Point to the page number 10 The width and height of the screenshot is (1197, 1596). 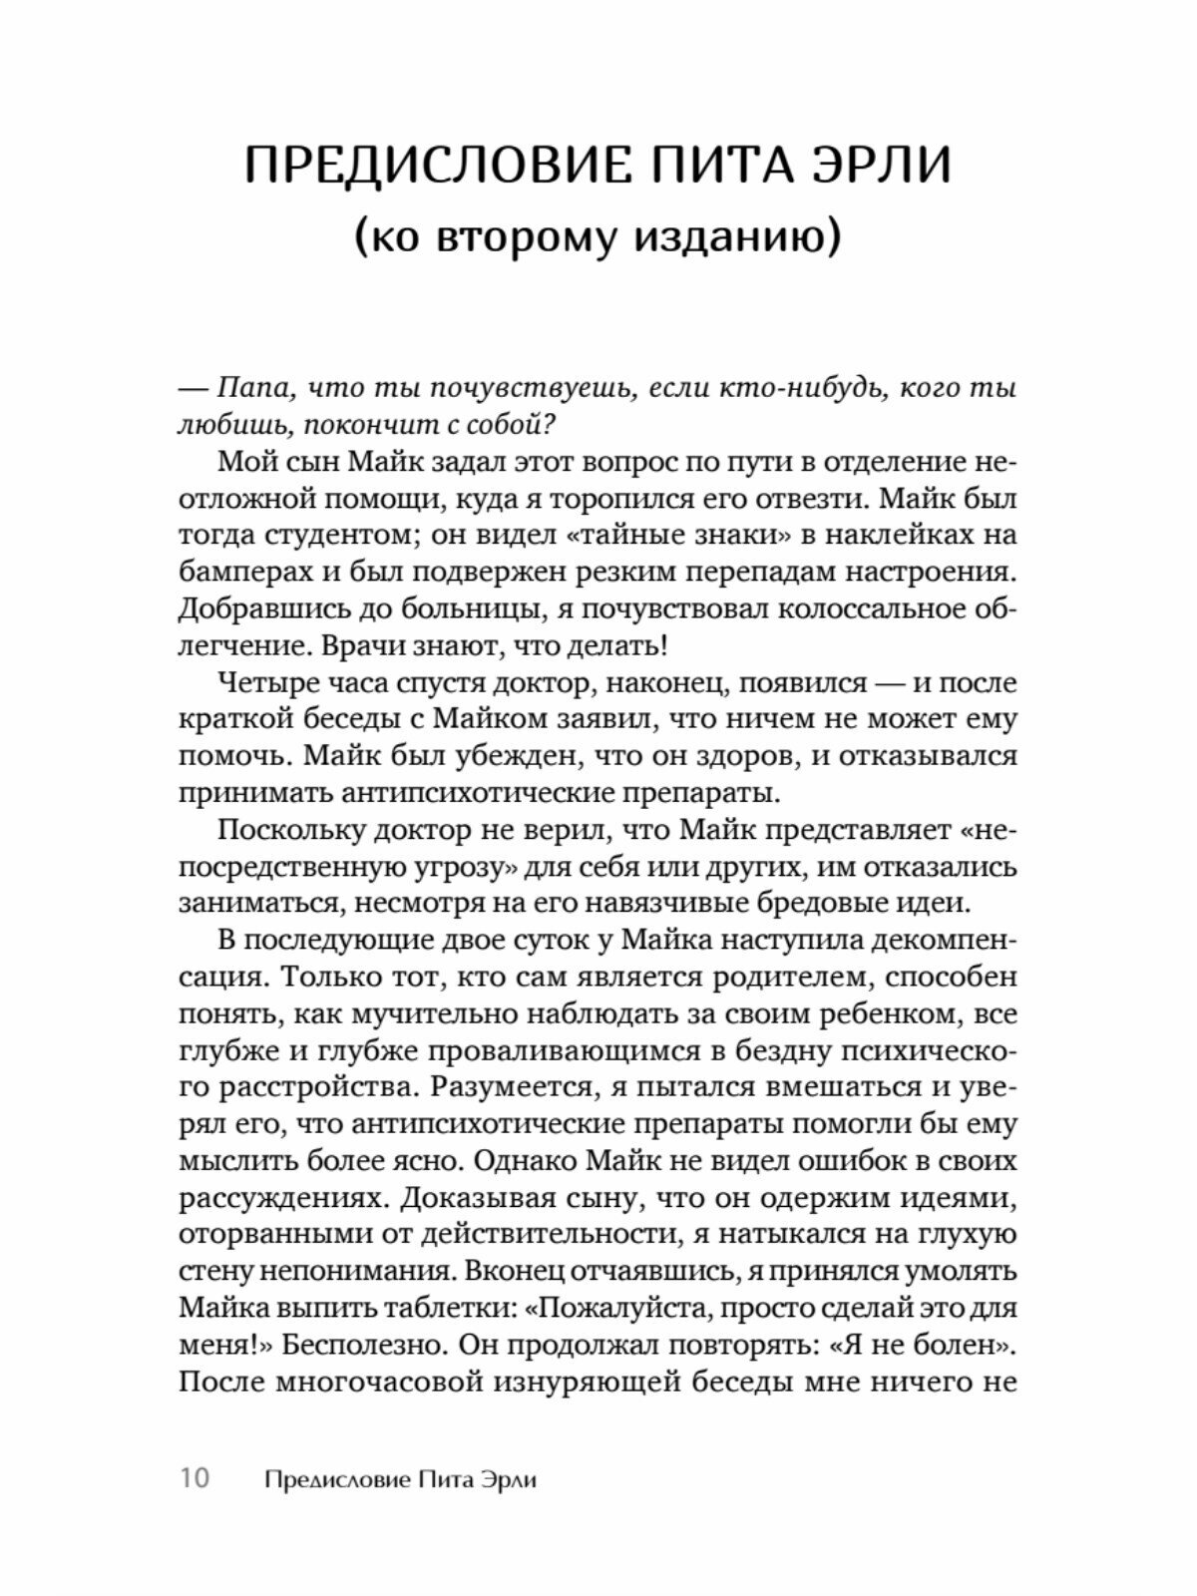196,1478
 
